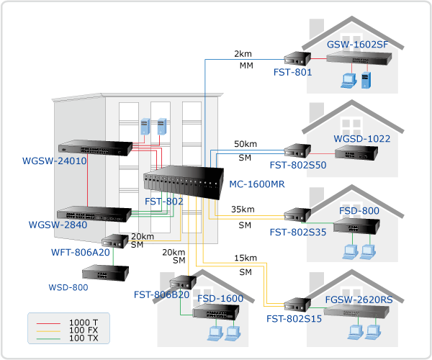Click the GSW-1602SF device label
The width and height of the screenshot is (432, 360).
[358, 45]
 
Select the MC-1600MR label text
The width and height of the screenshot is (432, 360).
[257, 184]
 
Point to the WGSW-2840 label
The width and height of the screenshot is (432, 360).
[58, 225]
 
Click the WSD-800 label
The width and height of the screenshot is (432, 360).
[68, 288]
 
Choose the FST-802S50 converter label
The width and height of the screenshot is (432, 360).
[297, 166]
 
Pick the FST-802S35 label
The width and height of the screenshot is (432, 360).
[297, 233]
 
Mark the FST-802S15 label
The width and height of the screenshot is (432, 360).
[293, 318]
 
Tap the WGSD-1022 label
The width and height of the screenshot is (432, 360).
[359, 138]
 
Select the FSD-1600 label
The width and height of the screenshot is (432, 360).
[220, 298]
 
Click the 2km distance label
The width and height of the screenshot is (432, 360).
[243, 54]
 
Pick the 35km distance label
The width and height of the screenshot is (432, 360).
[243, 210]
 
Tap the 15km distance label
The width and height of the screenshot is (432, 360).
[246, 258]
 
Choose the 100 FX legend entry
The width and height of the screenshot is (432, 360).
[84, 328]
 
